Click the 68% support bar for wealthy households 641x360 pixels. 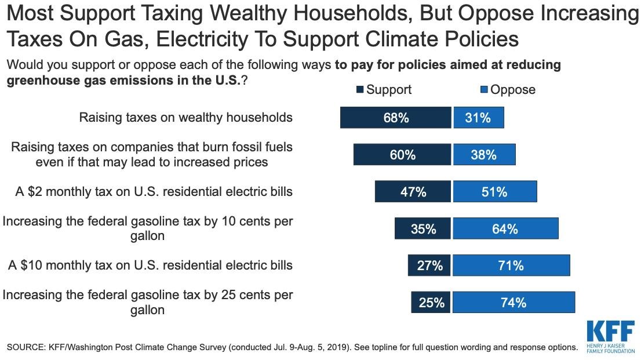tap(395, 118)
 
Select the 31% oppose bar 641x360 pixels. tap(478, 118)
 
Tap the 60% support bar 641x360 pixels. tap(402, 155)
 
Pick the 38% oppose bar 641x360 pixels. tap(484, 155)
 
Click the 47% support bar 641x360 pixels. tap(413, 192)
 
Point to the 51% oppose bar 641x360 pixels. tap(495, 192)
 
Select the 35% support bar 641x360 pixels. tap(423, 229)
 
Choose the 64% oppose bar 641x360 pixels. tap(505, 229)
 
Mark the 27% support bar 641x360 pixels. tap(429, 266)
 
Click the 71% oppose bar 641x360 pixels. tap(511, 266)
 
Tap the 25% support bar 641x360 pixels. tap(431, 302)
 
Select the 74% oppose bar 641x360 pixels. tap(513, 302)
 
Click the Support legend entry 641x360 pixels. tap(384, 90)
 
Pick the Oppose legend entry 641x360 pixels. tap(508, 90)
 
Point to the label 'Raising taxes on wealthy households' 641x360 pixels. tap(185, 117)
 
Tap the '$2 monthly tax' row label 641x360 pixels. tap(154, 192)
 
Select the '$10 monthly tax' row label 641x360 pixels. tap(150, 266)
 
